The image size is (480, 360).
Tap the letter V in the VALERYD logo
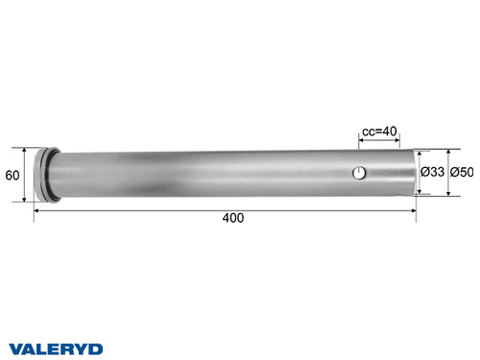(15, 347)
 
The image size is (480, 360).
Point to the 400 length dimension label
(232, 218)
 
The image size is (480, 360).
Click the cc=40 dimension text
(377, 133)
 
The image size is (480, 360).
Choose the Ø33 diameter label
(432, 173)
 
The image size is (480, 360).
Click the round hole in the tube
(358, 173)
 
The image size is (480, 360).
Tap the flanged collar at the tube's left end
(42, 174)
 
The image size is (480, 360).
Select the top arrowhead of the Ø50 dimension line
(449, 152)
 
